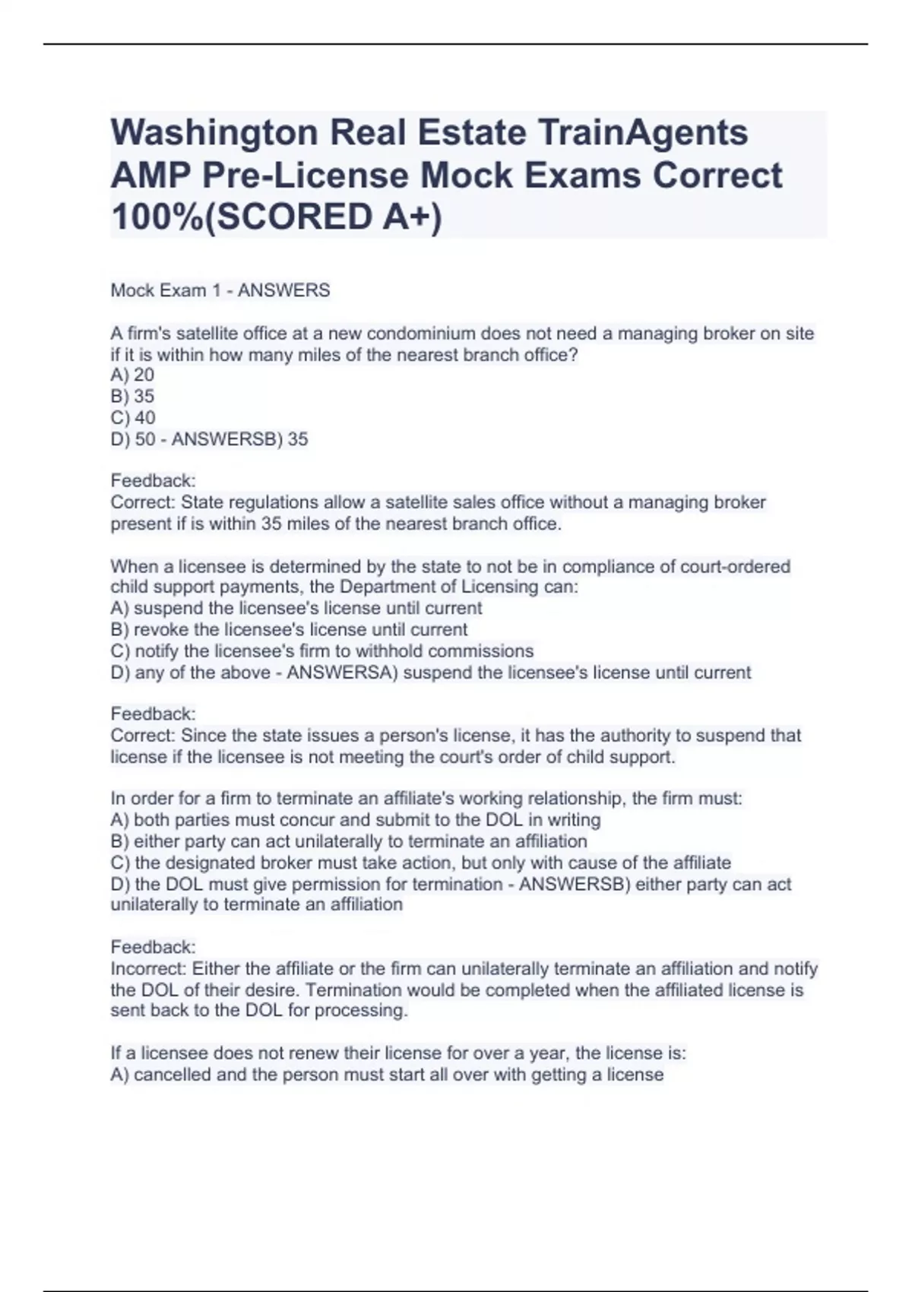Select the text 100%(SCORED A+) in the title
tap(276, 217)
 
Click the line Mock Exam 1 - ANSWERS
tap(220, 290)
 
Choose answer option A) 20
tap(132, 375)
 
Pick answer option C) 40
tap(133, 417)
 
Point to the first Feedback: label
tap(153, 480)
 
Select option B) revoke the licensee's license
tap(289, 629)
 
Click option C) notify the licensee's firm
tap(321, 651)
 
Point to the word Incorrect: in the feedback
tap(148, 969)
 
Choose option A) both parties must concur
tap(355, 820)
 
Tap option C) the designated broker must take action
tap(420, 863)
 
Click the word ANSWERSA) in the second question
tap(342, 673)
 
